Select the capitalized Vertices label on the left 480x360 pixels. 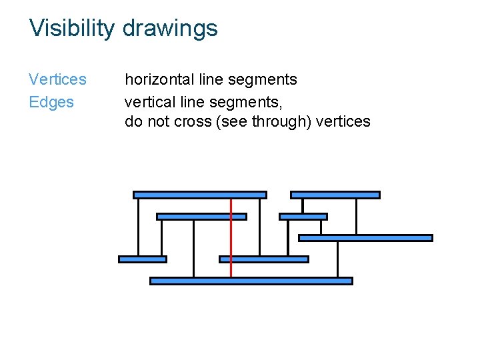[57, 79]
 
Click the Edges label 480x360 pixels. [51, 102]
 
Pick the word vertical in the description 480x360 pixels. [150, 102]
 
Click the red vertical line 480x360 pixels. [231, 237]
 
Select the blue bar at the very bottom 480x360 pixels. [251, 281]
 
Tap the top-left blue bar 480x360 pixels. [199, 195]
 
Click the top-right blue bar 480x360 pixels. [335, 195]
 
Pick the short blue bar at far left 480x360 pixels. [142, 259]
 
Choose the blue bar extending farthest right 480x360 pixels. [365, 237]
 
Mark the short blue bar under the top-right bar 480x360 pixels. [303, 216]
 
